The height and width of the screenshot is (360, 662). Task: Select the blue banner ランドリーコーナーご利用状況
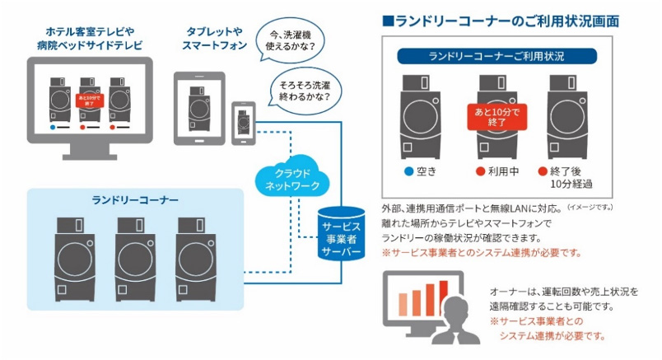click(x=496, y=56)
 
